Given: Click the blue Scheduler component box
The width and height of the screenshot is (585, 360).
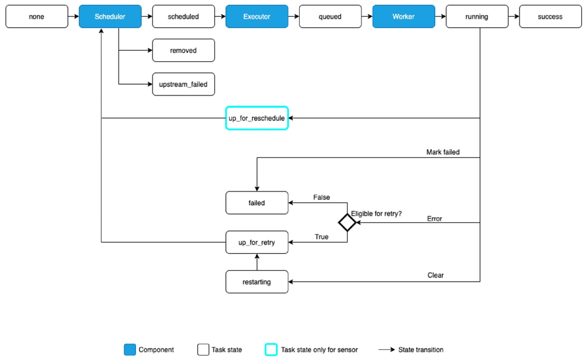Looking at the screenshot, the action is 110,16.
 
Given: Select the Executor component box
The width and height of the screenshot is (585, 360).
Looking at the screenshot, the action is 257,16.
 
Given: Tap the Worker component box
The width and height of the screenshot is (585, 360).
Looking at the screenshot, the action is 404,16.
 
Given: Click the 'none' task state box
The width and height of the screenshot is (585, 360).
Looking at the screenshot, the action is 37,16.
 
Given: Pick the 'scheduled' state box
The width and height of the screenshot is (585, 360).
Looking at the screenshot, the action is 184,16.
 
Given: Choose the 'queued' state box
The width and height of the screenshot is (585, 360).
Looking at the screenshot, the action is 330,16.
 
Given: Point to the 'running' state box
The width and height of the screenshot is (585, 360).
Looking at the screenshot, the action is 477,16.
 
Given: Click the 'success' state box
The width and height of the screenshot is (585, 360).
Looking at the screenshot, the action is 550,16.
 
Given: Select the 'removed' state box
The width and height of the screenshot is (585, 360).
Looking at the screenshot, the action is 184,51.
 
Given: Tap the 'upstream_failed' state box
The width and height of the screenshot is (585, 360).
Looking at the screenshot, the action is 184,84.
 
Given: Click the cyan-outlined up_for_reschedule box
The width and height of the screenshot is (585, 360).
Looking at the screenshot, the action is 257,118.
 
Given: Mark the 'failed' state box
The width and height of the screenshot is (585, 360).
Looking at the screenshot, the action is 257,203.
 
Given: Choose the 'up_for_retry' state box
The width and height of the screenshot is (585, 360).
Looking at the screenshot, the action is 257,242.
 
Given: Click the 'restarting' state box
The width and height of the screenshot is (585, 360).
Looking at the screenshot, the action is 257,282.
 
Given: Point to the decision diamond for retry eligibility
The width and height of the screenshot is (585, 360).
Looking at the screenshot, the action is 347,223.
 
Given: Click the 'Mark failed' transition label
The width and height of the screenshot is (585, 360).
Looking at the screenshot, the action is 443,152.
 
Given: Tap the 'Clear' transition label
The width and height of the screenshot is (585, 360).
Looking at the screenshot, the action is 435,275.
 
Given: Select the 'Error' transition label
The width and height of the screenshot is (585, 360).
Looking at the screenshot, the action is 435,219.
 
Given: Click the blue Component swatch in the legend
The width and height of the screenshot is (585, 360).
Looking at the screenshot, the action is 130,349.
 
